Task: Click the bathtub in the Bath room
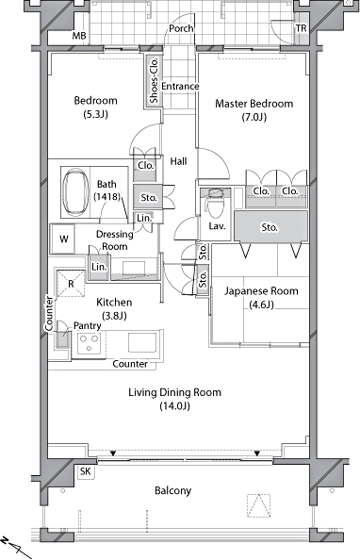(x=75, y=192)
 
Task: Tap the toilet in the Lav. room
(x=216, y=203)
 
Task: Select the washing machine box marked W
(x=63, y=239)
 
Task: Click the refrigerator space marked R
(x=71, y=284)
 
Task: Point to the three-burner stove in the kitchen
(x=89, y=343)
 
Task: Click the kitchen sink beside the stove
(x=142, y=342)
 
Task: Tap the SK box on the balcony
(x=86, y=471)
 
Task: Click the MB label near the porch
(x=79, y=36)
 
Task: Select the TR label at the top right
(x=301, y=28)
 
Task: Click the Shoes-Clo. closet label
(x=154, y=80)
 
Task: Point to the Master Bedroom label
(x=254, y=104)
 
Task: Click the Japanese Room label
(x=261, y=290)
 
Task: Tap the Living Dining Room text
(x=174, y=392)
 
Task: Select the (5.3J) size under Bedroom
(x=95, y=114)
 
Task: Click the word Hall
(x=178, y=161)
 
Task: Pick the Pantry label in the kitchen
(x=87, y=325)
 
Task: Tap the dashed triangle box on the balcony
(x=258, y=505)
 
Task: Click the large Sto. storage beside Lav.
(x=270, y=226)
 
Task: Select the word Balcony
(x=172, y=491)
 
